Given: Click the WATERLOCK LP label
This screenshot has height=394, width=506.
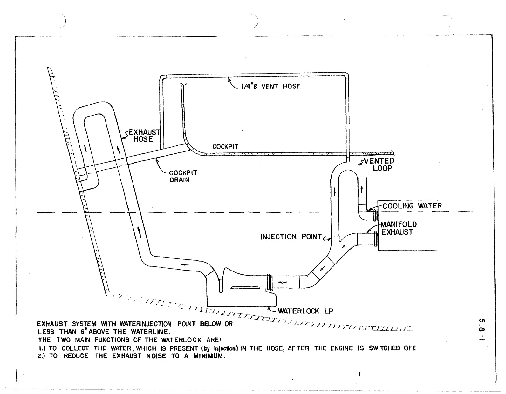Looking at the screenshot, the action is (305, 311).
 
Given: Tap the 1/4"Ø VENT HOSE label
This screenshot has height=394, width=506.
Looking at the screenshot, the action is (270, 86).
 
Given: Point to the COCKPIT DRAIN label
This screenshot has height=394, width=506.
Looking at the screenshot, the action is (183, 176).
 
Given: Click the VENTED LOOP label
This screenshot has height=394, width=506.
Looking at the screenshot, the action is (379, 165).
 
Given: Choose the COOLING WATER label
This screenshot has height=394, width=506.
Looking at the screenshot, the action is (412, 206).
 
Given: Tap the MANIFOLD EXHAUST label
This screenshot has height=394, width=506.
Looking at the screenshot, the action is (399, 228).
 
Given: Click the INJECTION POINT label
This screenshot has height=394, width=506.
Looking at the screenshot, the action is (291, 237).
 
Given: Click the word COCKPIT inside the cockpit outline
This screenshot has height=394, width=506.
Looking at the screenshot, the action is (225, 147).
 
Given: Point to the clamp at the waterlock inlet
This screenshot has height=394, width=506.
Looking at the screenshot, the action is (270, 282).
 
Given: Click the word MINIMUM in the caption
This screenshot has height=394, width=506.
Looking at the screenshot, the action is (209, 356).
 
